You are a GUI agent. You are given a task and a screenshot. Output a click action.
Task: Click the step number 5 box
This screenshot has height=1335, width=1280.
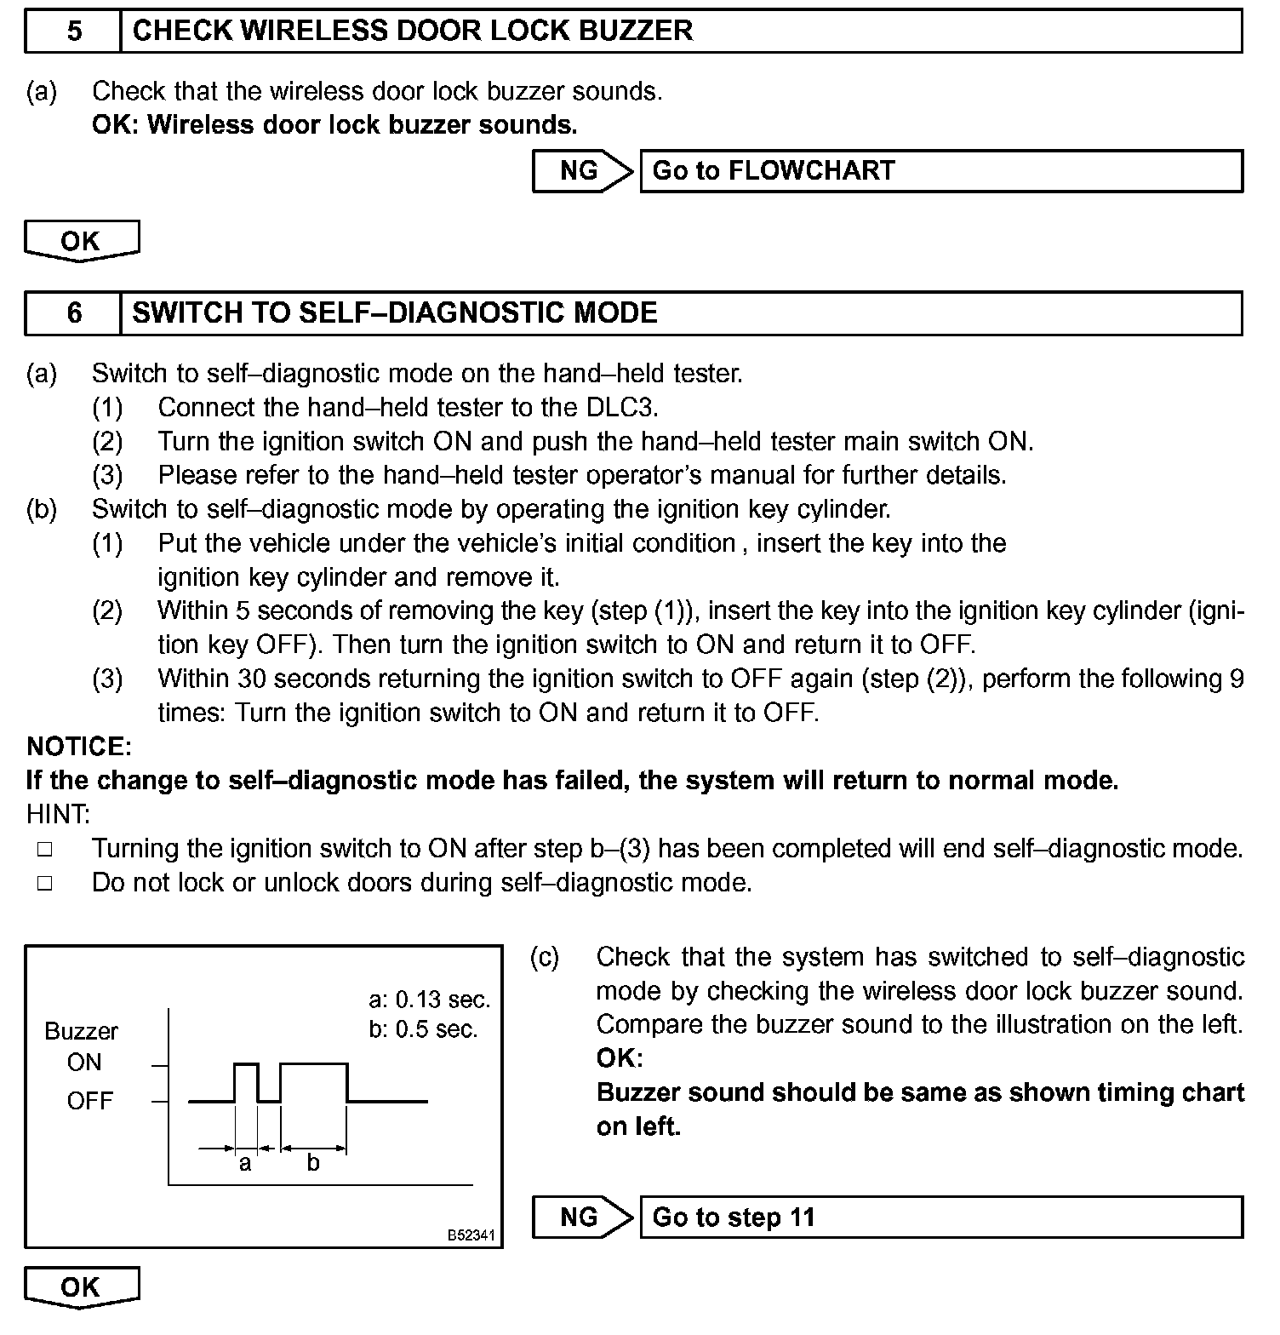coord(74,32)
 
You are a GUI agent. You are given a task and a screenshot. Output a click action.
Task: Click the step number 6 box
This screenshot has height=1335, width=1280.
coord(74,313)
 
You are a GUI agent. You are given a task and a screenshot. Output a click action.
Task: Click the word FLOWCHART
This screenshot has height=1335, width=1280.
coord(811,171)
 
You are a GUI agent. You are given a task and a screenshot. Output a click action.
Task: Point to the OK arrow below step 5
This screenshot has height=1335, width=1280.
coord(82,241)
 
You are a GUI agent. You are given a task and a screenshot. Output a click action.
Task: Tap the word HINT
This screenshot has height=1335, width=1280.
coord(58,815)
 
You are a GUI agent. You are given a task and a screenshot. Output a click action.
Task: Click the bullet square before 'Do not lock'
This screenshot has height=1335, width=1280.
coord(45,884)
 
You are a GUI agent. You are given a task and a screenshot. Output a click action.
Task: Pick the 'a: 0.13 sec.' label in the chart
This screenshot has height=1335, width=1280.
coord(430,999)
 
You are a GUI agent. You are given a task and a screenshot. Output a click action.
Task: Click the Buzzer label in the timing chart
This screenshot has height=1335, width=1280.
coord(81,1031)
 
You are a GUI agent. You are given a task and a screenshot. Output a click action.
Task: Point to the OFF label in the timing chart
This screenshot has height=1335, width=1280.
coord(89,1101)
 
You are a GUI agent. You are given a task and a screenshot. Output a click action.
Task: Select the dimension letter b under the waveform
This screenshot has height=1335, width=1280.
coord(313,1163)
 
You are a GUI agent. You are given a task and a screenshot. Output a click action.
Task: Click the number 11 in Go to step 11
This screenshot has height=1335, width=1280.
coord(802,1218)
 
